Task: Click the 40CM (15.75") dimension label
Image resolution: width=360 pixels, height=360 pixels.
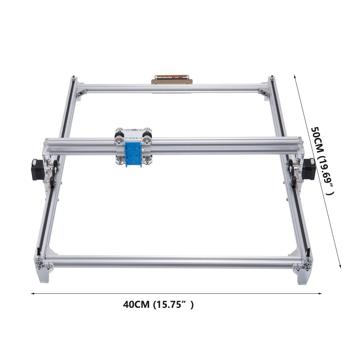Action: (x=158, y=305)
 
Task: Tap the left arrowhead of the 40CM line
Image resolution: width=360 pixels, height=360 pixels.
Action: (x=32, y=293)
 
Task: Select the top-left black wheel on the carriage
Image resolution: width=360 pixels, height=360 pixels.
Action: (x=117, y=136)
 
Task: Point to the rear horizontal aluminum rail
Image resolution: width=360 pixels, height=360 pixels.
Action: (x=173, y=87)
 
